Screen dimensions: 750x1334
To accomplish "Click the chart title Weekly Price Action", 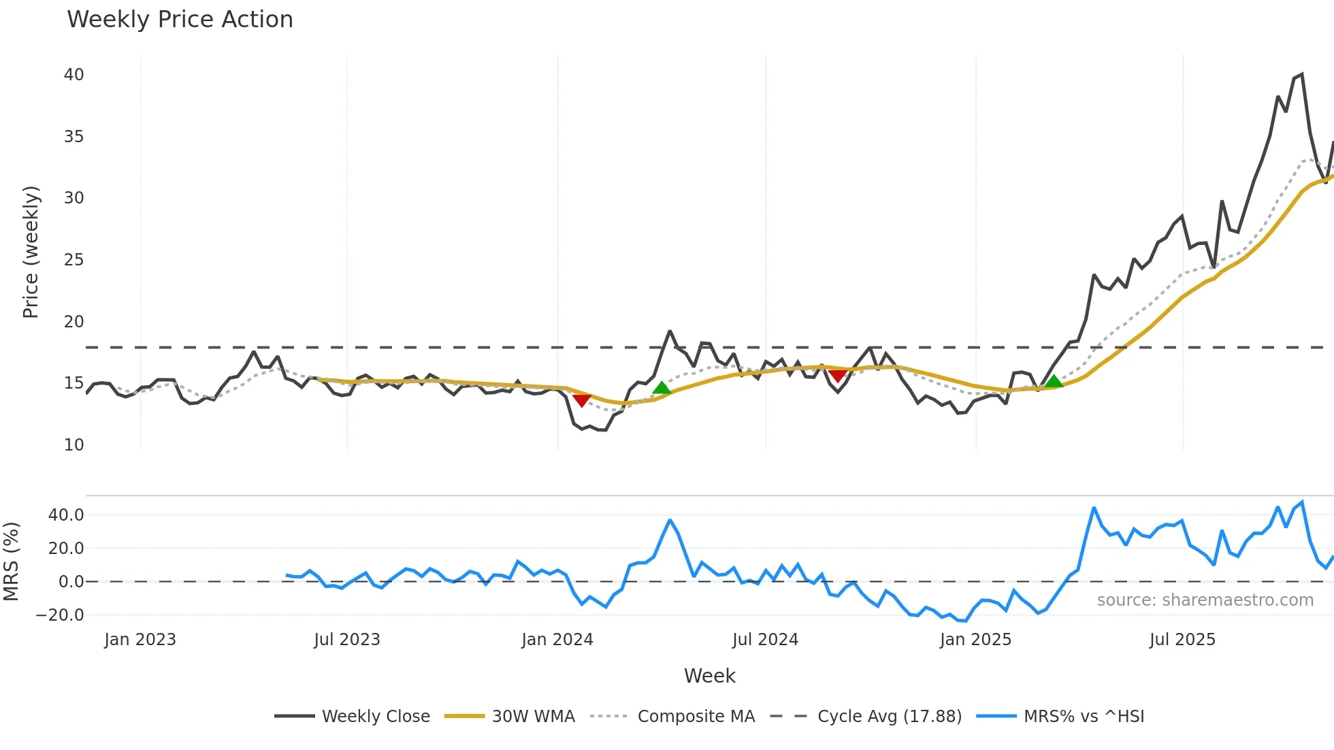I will click(180, 20).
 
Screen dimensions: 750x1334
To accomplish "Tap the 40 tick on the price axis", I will click(74, 75).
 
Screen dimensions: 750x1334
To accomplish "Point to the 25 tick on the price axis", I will click(74, 260).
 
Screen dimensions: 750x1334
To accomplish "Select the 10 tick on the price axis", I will click(74, 445).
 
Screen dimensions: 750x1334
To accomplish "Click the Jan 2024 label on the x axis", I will click(557, 640).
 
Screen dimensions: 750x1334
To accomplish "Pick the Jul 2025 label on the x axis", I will click(1182, 640).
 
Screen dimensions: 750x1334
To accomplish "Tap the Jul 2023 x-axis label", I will click(347, 640).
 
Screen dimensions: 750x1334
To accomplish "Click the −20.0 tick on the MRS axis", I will click(60, 615).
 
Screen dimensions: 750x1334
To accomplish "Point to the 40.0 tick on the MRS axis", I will click(66, 515).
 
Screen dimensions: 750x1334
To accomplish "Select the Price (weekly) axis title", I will click(31, 252).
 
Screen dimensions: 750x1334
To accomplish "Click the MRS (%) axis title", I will click(11, 561).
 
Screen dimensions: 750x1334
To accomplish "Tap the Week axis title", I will click(709, 676).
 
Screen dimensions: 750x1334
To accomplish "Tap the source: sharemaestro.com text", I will click(1205, 600).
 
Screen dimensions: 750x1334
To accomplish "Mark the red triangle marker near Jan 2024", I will click(581, 400).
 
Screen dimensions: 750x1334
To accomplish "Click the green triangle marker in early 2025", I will click(1054, 381).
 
